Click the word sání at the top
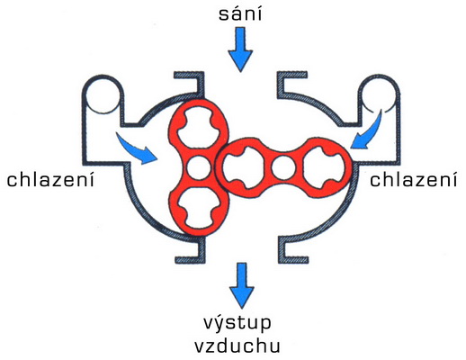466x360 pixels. [240, 14]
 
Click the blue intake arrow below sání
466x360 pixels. [240, 49]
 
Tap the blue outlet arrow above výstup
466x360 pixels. [242, 285]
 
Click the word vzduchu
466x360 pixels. [237, 346]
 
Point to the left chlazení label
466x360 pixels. [50, 179]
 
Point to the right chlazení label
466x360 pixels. [414, 179]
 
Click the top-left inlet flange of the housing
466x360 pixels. [193, 84]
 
